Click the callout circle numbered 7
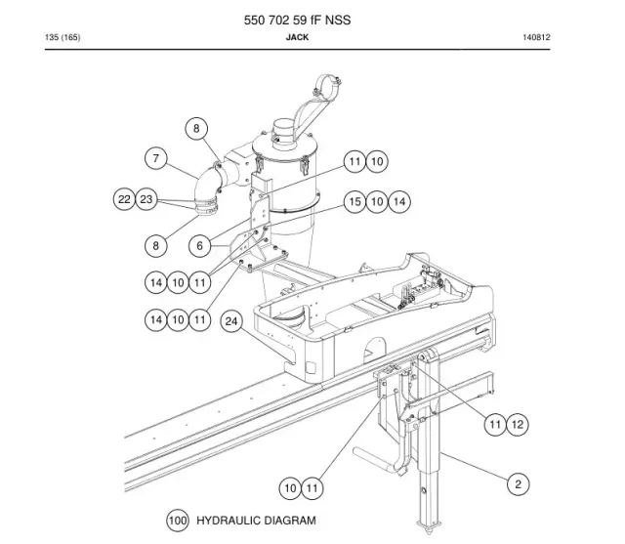(x=156, y=158)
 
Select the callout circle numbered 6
(x=199, y=245)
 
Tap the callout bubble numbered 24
(x=231, y=320)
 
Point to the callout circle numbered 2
(x=518, y=484)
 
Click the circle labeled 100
(x=178, y=521)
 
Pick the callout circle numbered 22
(x=124, y=199)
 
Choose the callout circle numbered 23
(x=146, y=199)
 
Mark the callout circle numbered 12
(x=517, y=424)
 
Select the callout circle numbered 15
(x=354, y=201)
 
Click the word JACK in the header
(x=297, y=37)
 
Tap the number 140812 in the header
(x=536, y=37)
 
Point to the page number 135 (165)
(x=62, y=37)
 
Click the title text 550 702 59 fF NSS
(x=297, y=20)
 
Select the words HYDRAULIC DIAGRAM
(x=256, y=521)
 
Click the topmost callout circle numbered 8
(x=196, y=128)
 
